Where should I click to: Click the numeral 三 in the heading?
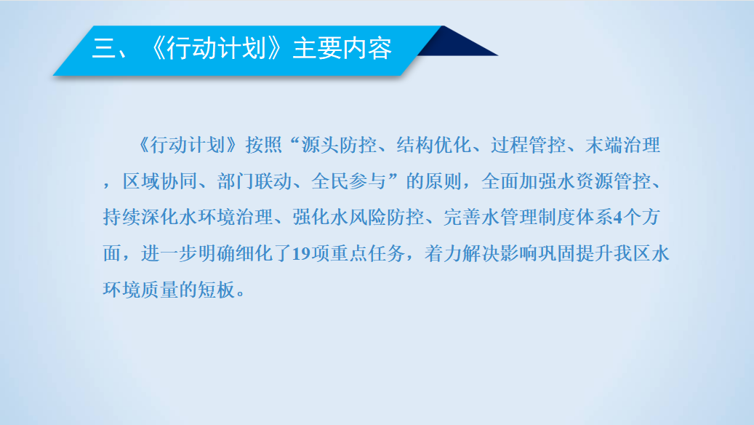[103, 49]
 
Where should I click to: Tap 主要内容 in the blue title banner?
[342, 49]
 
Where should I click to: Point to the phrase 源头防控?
[339, 145]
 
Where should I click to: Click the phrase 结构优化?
[433, 145]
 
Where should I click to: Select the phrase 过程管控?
[528, 145]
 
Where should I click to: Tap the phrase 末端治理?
[622, 145]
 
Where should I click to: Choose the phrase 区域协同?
[160, 181]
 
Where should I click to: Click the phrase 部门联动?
[254, 181]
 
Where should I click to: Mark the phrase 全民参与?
[348, 181]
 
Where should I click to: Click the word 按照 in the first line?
[263, 145]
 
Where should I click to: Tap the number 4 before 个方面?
[618, 218]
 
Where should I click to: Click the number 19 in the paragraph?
[302, 254]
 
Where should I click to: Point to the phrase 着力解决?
[462, 253]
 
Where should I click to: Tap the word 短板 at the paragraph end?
[217, 289]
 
